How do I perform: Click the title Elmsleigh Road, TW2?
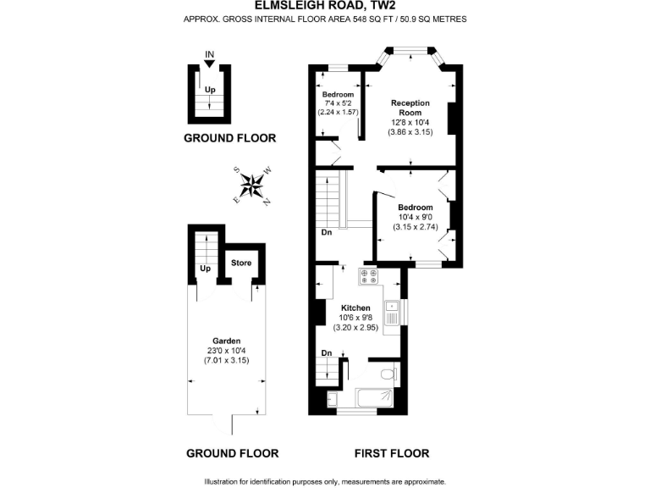324,5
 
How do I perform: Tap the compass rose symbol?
251,184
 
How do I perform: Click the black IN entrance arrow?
209,63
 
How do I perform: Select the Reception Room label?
410,108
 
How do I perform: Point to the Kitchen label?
355,308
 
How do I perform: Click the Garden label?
227,341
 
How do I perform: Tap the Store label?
241,263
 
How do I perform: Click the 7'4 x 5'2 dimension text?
338,103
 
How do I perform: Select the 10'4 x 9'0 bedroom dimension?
415,217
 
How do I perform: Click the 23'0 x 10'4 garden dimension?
227,350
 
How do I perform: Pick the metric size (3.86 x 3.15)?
410,132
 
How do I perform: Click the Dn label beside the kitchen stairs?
326,353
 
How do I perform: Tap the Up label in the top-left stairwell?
209,89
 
